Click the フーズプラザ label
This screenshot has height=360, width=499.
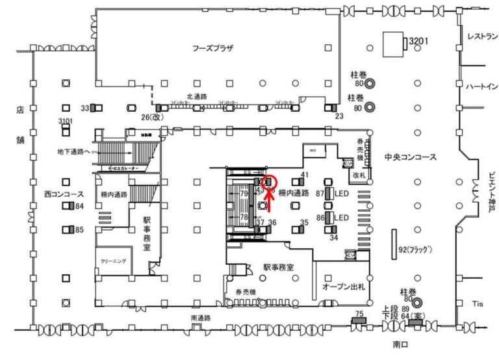(x=212, y=48)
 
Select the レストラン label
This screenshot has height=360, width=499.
(x=482, y=37)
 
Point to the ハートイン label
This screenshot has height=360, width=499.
(x=482, y=86)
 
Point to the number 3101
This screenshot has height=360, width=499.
(x=66, y=122)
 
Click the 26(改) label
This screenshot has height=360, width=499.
(x=151, y=118)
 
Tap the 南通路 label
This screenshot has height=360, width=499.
(x=201, y=318)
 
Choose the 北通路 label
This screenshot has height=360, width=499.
(x=196, y=96)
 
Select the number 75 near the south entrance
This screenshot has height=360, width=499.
(x=359, y=314)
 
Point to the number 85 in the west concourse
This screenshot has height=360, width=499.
(x=79, y=229)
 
